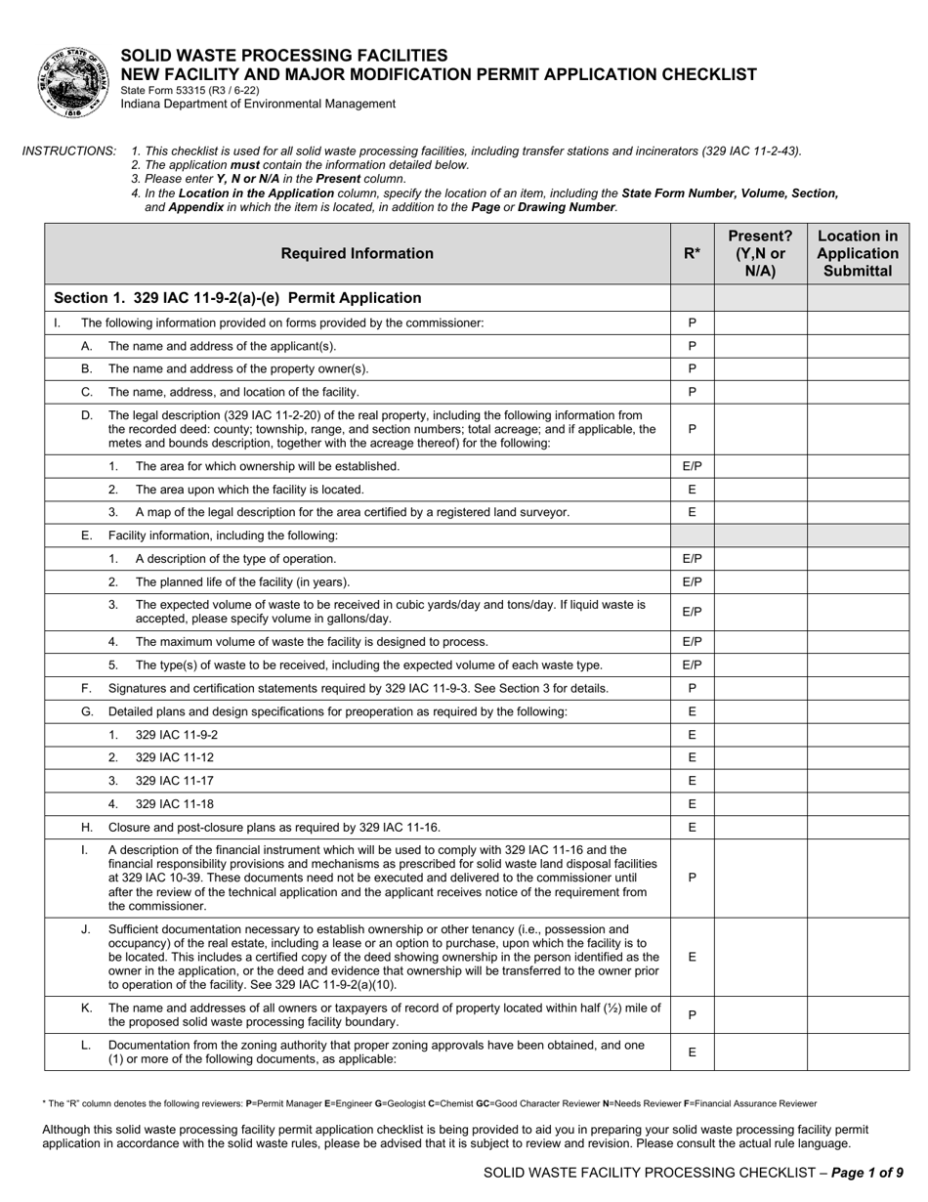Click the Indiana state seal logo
(x=75, y=82)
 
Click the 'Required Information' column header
(x=357, y=254)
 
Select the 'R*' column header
(x=692, y=254)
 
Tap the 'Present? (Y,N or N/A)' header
(x=760, y=254)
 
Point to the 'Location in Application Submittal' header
(x=857, y=254)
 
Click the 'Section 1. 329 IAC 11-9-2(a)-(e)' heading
(x=237, y=298)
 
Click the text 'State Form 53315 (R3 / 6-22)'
(x=190, y=90)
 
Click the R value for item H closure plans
(x=692, y=828)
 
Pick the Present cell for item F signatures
(x=760, y=689)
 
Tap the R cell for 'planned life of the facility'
(x=692, y=582)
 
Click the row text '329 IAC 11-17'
(x=174, y=781)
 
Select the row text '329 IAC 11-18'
(x=174, y=804)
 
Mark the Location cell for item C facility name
(x=857, y=392)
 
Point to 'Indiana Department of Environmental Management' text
(x=258, y=104)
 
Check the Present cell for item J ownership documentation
(x=760, y=958)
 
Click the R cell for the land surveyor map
(x=692, y=512)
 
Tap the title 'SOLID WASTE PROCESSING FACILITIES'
(x=283, y=56)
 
